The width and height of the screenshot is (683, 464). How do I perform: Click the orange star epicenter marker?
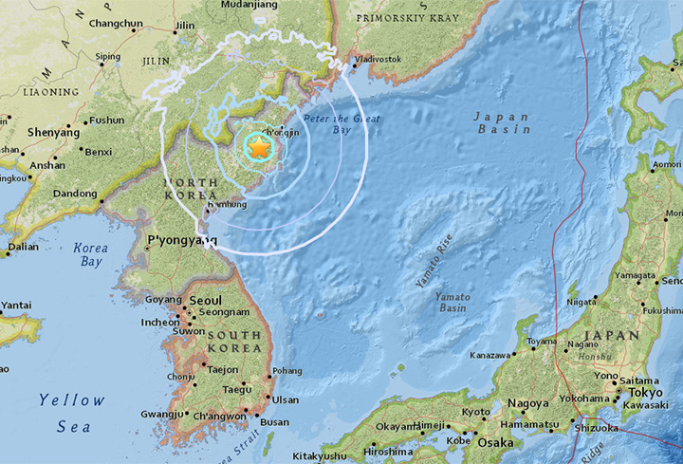[257, 146]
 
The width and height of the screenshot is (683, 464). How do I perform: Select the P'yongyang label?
[175, 241]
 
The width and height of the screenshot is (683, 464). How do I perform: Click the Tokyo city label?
[645, 392]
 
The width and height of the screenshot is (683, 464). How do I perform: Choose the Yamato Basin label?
[452, 303]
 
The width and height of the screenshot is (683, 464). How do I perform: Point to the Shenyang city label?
[53, 132]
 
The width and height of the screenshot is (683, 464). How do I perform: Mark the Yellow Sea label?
[72, 414]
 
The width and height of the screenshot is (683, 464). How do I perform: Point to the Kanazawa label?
[491, 356]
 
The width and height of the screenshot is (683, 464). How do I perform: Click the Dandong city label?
[75, 194]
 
